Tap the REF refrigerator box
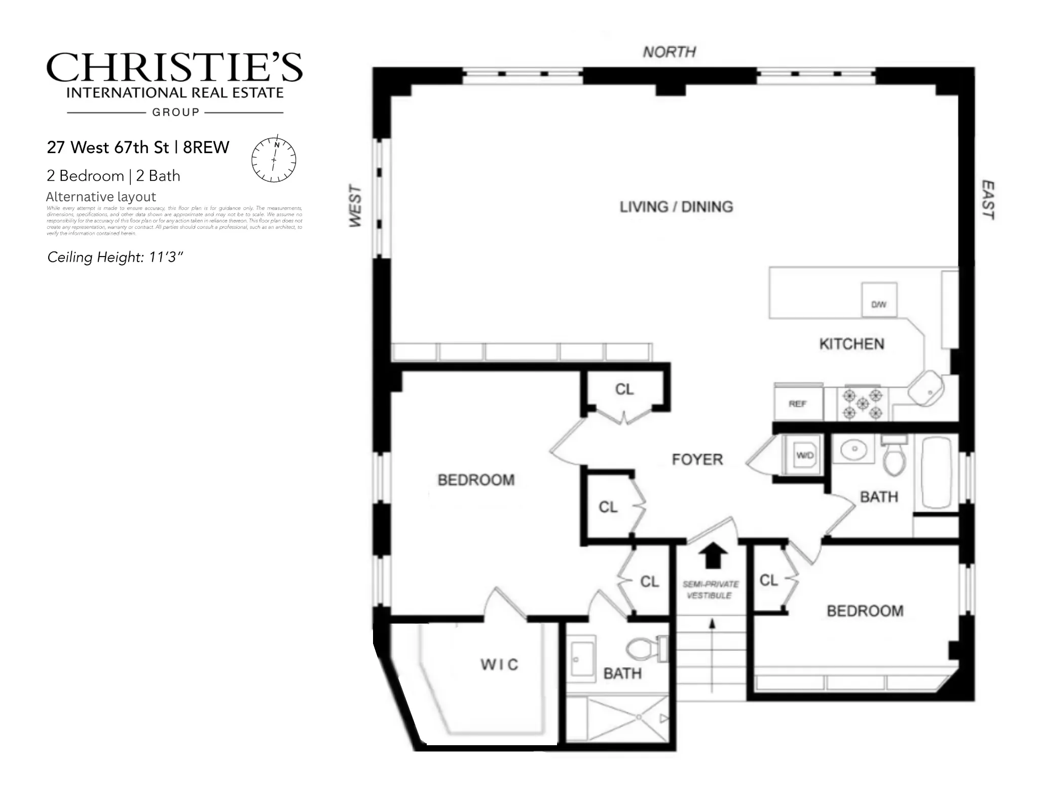[x=798, y=404]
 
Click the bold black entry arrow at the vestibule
[x=713, y=555]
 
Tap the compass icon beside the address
[x=274, y=160]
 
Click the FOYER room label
[x=697, y=460]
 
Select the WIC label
[x=499, y=665]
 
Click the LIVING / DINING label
[x=676, y=207]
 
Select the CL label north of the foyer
[x=624, y=389]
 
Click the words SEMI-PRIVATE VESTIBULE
[x=710, y=590]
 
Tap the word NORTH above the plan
[x=669, y=52]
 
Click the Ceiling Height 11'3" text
[x=115, y=258]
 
